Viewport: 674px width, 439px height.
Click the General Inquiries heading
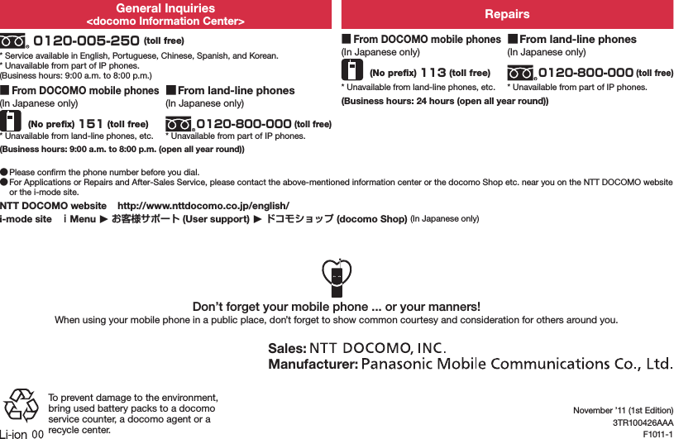click(x=165, y=8)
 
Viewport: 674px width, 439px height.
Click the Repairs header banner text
click(x=507, y=14)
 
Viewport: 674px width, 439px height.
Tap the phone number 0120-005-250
click(x=85, y=41)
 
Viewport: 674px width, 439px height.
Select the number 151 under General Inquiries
click(x=90, y=125)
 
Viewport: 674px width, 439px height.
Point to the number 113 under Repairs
click(x=433, y=73)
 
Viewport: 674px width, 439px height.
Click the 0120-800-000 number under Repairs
click(x=586, y=73)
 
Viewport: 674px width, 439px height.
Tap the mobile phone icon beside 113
click(x=352, y=69)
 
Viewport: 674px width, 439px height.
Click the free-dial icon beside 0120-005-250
click(x=14, y=41)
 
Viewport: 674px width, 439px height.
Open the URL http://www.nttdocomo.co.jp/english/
click(x=203, y=205)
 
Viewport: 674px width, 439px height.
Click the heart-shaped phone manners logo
click(x=337, y=278)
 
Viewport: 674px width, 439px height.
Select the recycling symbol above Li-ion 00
click(x=20, y=405)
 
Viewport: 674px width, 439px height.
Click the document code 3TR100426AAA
click(x=643, y=422)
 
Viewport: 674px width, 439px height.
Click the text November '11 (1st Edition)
click(x=623, y=411)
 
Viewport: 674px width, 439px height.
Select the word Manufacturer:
click(x=313, y=364)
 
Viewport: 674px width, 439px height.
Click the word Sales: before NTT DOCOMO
click(x=287, y=347)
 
